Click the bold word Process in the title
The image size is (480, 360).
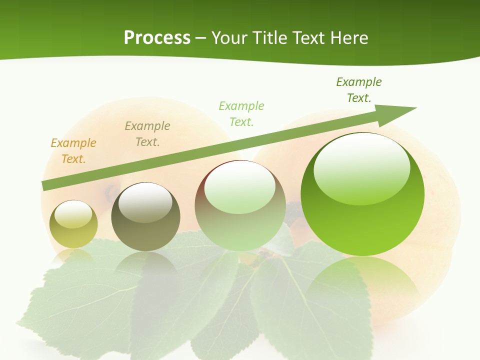coord(157,38)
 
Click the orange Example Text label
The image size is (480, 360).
coord(73,151)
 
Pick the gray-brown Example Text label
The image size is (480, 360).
coord(147,134)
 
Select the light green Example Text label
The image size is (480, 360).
coord(241,114)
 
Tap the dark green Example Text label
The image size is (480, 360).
coord(358,90)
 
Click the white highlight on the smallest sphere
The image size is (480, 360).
coord(73,214)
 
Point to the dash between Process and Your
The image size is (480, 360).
coord(201,38)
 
